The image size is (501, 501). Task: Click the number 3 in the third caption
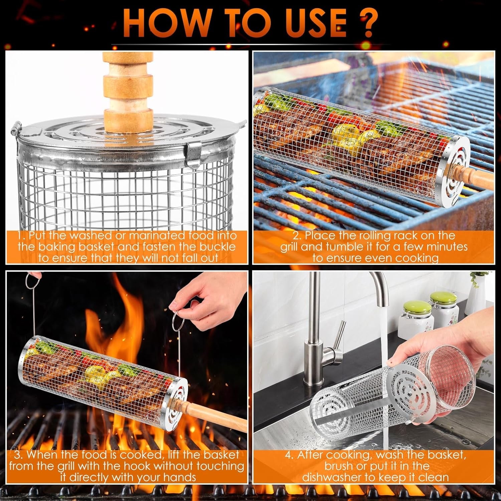click(17, 455)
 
